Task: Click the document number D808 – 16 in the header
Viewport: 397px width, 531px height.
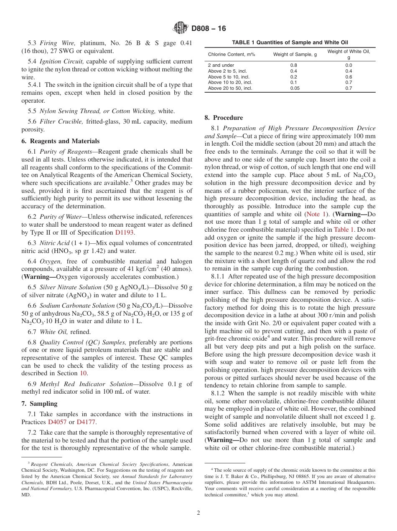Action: (x=209, y=28)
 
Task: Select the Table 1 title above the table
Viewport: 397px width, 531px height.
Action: (x=290, y=42)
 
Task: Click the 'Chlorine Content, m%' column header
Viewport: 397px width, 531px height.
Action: (x=232, y=54)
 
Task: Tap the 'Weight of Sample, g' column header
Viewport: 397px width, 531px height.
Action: (x=295, y=54)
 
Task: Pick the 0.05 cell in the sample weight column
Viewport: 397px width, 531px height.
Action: (x=294, y=88)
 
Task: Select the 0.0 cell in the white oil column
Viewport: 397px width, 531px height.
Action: (x=349, y=65)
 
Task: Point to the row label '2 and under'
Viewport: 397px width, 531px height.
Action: (x=221, y=65)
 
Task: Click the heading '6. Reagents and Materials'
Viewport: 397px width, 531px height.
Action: (x=61, y=141)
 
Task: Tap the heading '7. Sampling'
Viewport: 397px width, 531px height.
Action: (x=39, y=404)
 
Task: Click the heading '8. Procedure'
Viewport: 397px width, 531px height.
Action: (x=224, y=118)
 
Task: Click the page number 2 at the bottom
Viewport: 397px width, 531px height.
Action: (x=198, y=513)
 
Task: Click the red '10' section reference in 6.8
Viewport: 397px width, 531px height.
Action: (x=83, y=373)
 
